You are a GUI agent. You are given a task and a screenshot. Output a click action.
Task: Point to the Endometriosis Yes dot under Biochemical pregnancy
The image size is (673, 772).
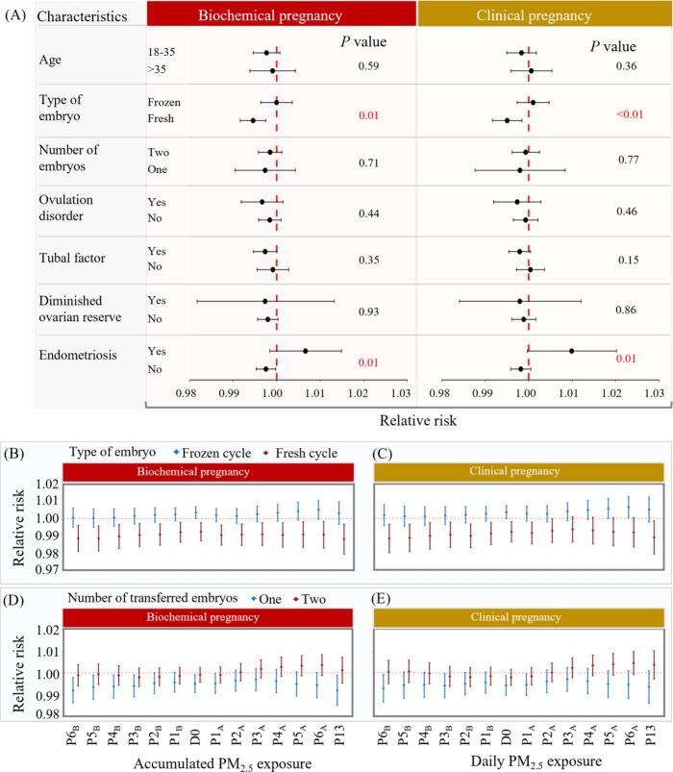coord(306,351)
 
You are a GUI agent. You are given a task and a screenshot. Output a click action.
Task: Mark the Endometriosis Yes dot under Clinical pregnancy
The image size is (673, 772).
coord(571,351)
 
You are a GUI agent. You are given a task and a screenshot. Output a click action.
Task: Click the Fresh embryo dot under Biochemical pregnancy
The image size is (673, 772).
coord(253,120)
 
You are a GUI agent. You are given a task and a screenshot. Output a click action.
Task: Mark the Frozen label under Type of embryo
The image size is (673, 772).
coord(163,101)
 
